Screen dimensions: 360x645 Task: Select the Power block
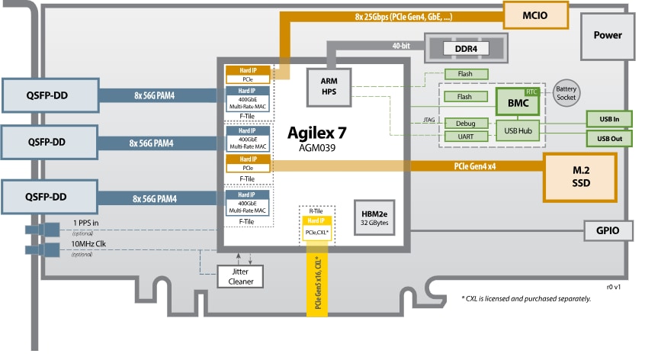coord(607,35)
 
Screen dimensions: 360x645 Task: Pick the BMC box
coord(517,100)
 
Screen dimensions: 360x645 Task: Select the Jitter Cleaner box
coord(241,276)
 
